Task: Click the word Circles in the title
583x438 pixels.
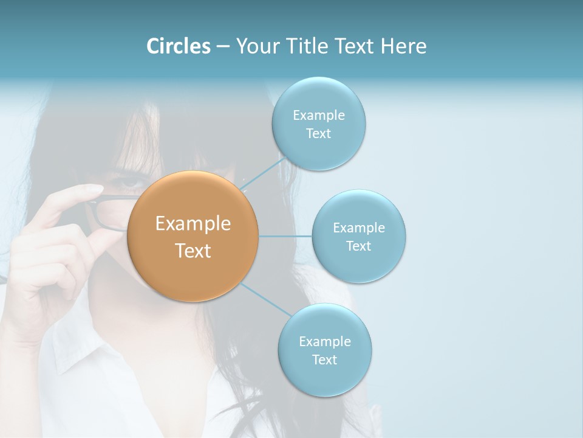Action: (x=178, y=46)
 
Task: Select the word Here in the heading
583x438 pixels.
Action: (x=403, y=46)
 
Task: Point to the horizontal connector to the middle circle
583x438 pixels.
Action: (x=285, y=236)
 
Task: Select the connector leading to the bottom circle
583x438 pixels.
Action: (x=265, y=301)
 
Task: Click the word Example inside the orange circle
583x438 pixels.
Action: (x=193, y=224)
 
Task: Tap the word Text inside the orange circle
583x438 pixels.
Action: (x=193, y=251)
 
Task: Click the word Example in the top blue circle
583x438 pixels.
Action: (x=319, y=116)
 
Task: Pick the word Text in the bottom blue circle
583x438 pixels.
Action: (x=324, y=360)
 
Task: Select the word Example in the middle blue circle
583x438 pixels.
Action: (x=359, y=228)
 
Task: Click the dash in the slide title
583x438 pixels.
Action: (x=222, y=47)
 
